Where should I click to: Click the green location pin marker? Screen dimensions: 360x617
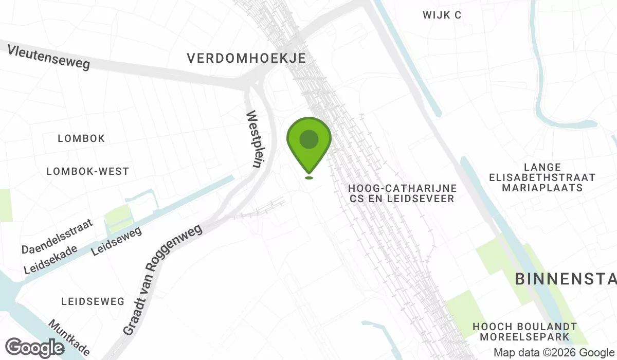click(308, 147)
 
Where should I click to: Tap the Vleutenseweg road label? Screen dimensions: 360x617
click(49, 57)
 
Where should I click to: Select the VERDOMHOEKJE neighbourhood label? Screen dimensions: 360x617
click(246, 58)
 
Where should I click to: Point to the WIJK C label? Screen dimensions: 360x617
click(442, 15)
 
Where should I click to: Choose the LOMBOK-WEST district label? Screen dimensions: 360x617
click(87, 171)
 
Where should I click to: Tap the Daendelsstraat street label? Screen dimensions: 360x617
click(57, 236)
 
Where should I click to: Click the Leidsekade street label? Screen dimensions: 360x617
click(50, 259)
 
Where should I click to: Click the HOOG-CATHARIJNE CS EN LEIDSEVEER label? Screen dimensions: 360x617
click(402, 193)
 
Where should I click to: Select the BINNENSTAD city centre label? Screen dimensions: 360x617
click(566, 279)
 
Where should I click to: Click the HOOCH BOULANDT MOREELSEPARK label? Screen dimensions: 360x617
click(524, 332)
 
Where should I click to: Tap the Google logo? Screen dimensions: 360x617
click(35, 348)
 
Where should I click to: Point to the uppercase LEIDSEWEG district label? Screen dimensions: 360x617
click(93, 301)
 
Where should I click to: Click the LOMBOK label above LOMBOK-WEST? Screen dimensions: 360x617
click(81, 139)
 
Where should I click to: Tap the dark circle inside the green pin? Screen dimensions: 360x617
click(308, 139)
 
